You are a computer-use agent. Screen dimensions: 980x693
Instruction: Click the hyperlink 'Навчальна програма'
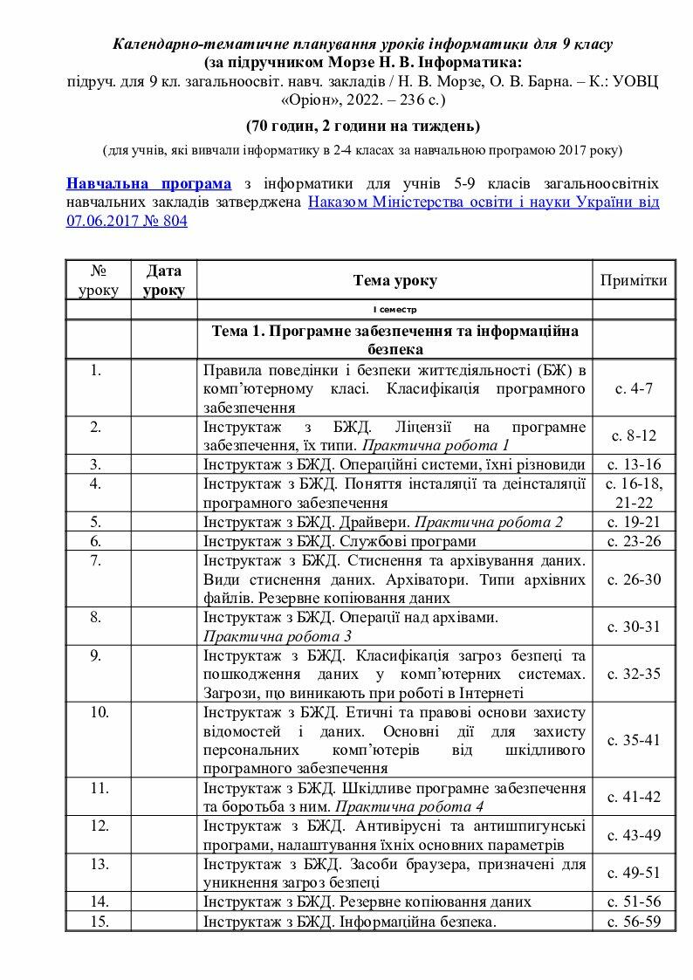148,183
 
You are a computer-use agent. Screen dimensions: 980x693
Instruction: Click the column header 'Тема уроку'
395,280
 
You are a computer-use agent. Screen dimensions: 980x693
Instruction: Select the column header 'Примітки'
634,280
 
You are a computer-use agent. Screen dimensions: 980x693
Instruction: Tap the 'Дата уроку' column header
164,280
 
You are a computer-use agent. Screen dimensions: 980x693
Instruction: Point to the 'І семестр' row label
395,310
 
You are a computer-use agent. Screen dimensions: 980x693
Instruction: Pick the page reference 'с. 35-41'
634,740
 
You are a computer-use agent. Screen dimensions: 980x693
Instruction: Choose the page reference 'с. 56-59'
634,921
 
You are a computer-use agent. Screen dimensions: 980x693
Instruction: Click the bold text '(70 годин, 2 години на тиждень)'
362,126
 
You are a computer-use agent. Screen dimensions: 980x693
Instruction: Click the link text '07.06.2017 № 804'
126,221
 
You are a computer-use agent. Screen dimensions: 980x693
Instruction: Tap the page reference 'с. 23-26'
634,541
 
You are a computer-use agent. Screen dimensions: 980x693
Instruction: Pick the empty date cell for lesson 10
164,740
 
